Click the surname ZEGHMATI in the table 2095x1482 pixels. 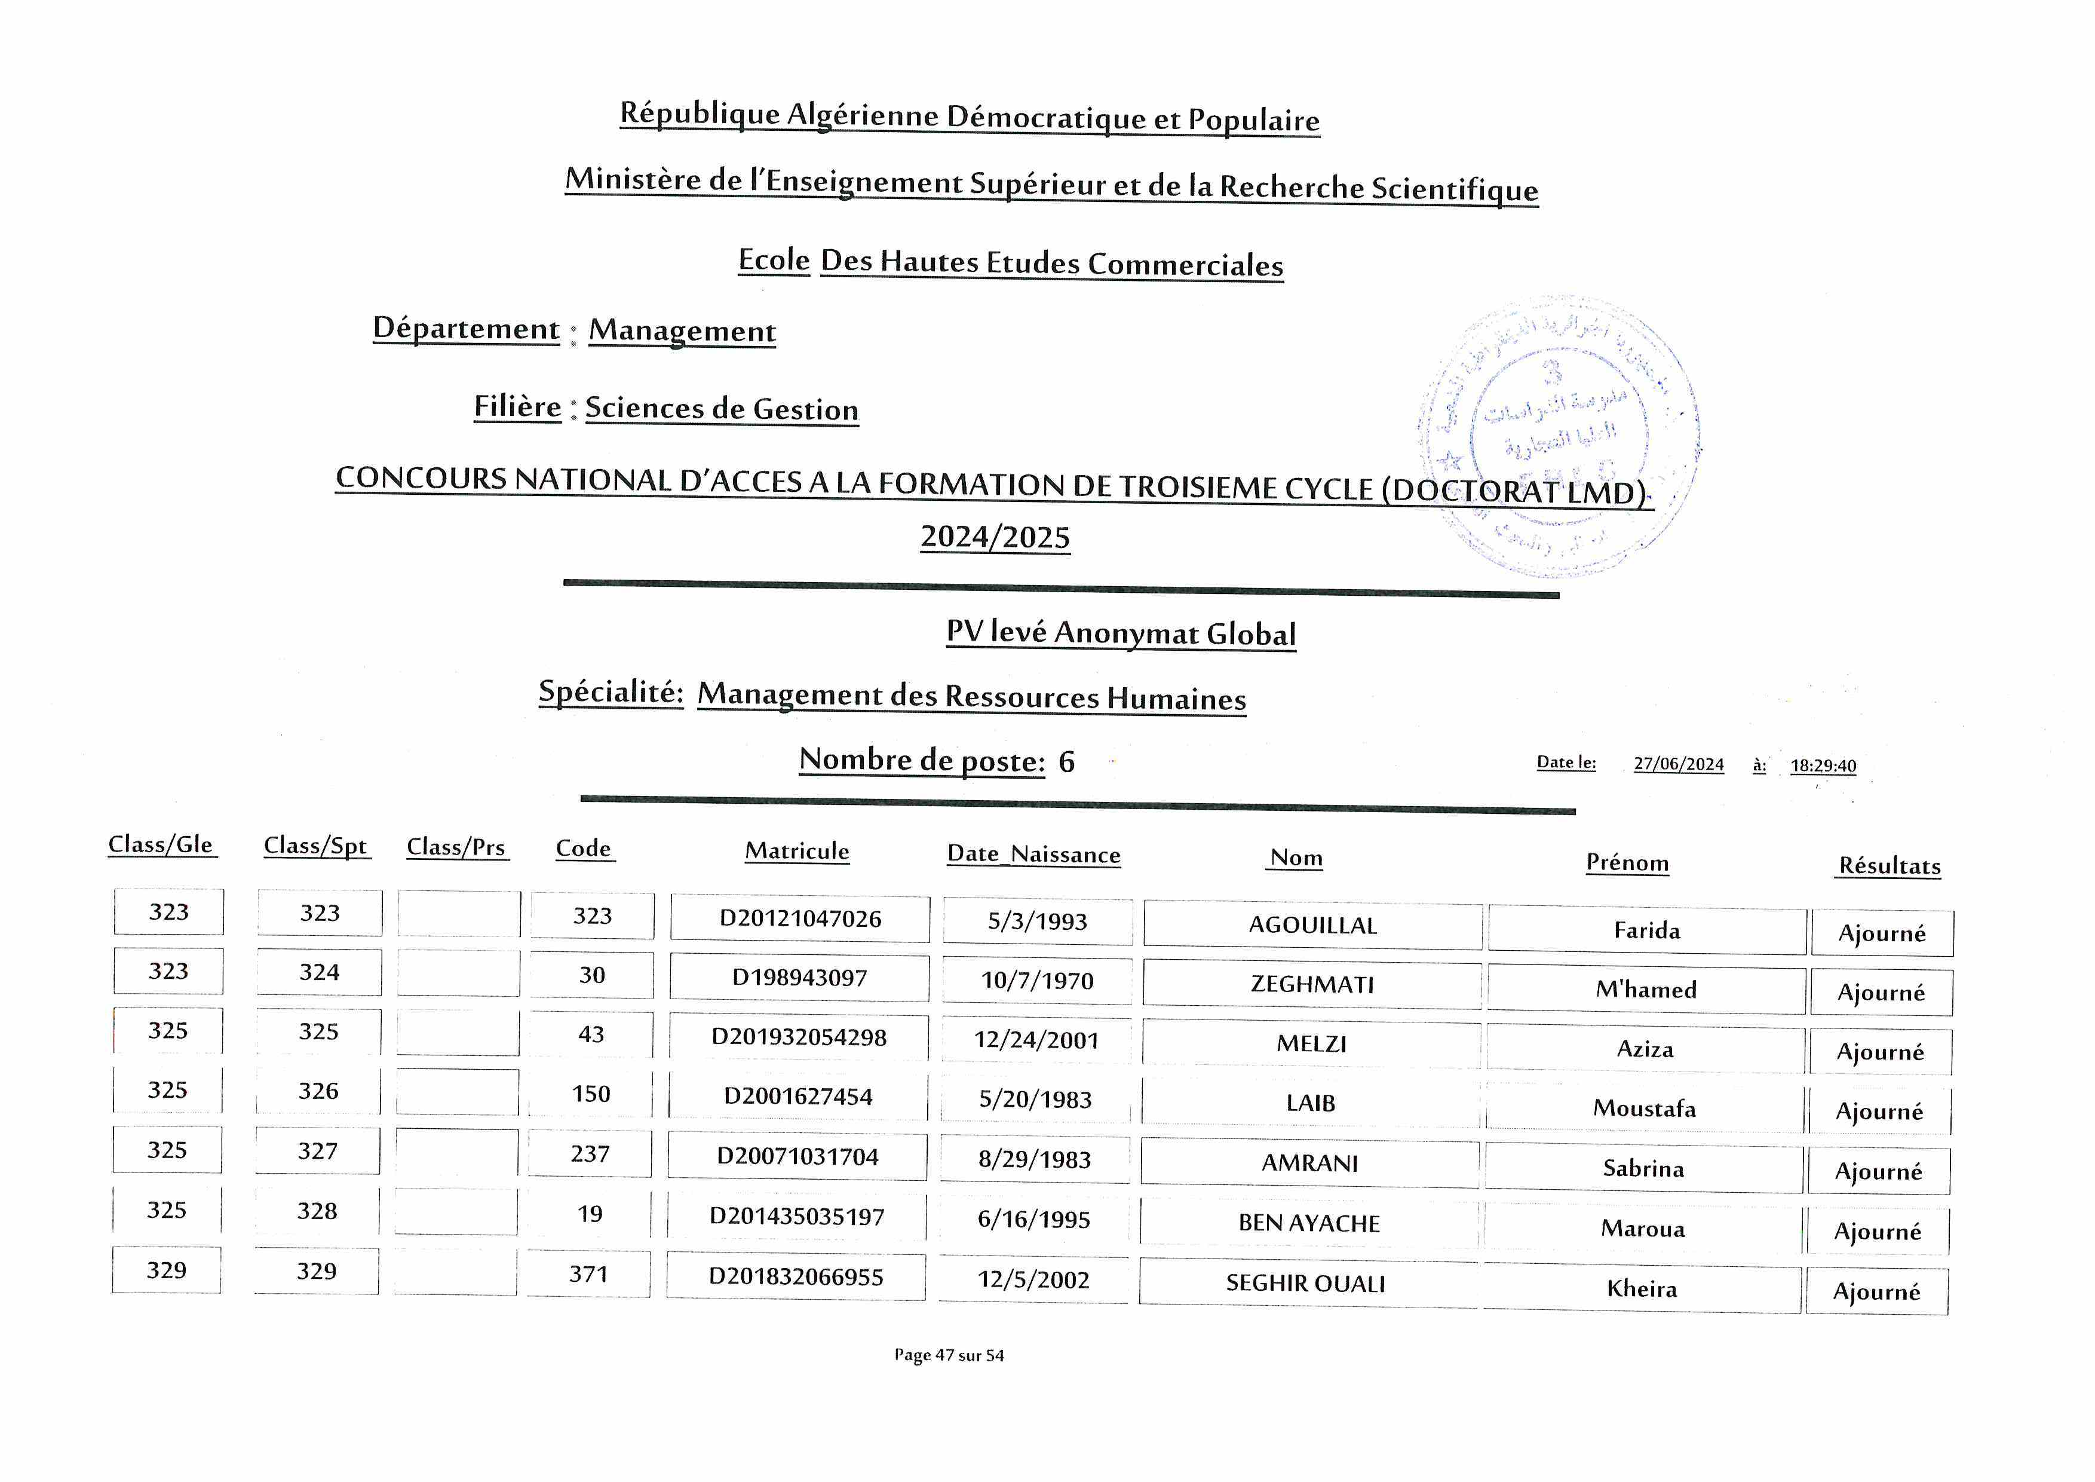coord(1312,984)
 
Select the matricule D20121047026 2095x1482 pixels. coord(800,918)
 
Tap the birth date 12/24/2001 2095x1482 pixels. coord(1036,1039)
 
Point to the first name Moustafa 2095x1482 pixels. coord(1644,1108)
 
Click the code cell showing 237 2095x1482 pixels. coord(590,1153)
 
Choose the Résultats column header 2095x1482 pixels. coord(1889,865)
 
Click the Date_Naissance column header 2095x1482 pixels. coord(1034,854)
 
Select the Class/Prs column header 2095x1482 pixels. coord(455,847)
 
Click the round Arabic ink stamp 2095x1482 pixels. coord(1559,436)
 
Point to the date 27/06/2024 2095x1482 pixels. coord(1678,764)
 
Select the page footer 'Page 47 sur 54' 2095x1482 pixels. coord(949,1355)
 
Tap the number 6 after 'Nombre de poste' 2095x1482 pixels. coord(1066,762)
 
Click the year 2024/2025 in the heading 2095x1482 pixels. coord(995,537)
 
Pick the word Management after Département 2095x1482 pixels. coord(682,330)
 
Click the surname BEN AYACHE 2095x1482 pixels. coord(1308,1223)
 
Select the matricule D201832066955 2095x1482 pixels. coord(796,1276)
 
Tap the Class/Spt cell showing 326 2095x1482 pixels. coord(318,1091)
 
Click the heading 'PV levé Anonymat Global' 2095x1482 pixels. coord(1121,632)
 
